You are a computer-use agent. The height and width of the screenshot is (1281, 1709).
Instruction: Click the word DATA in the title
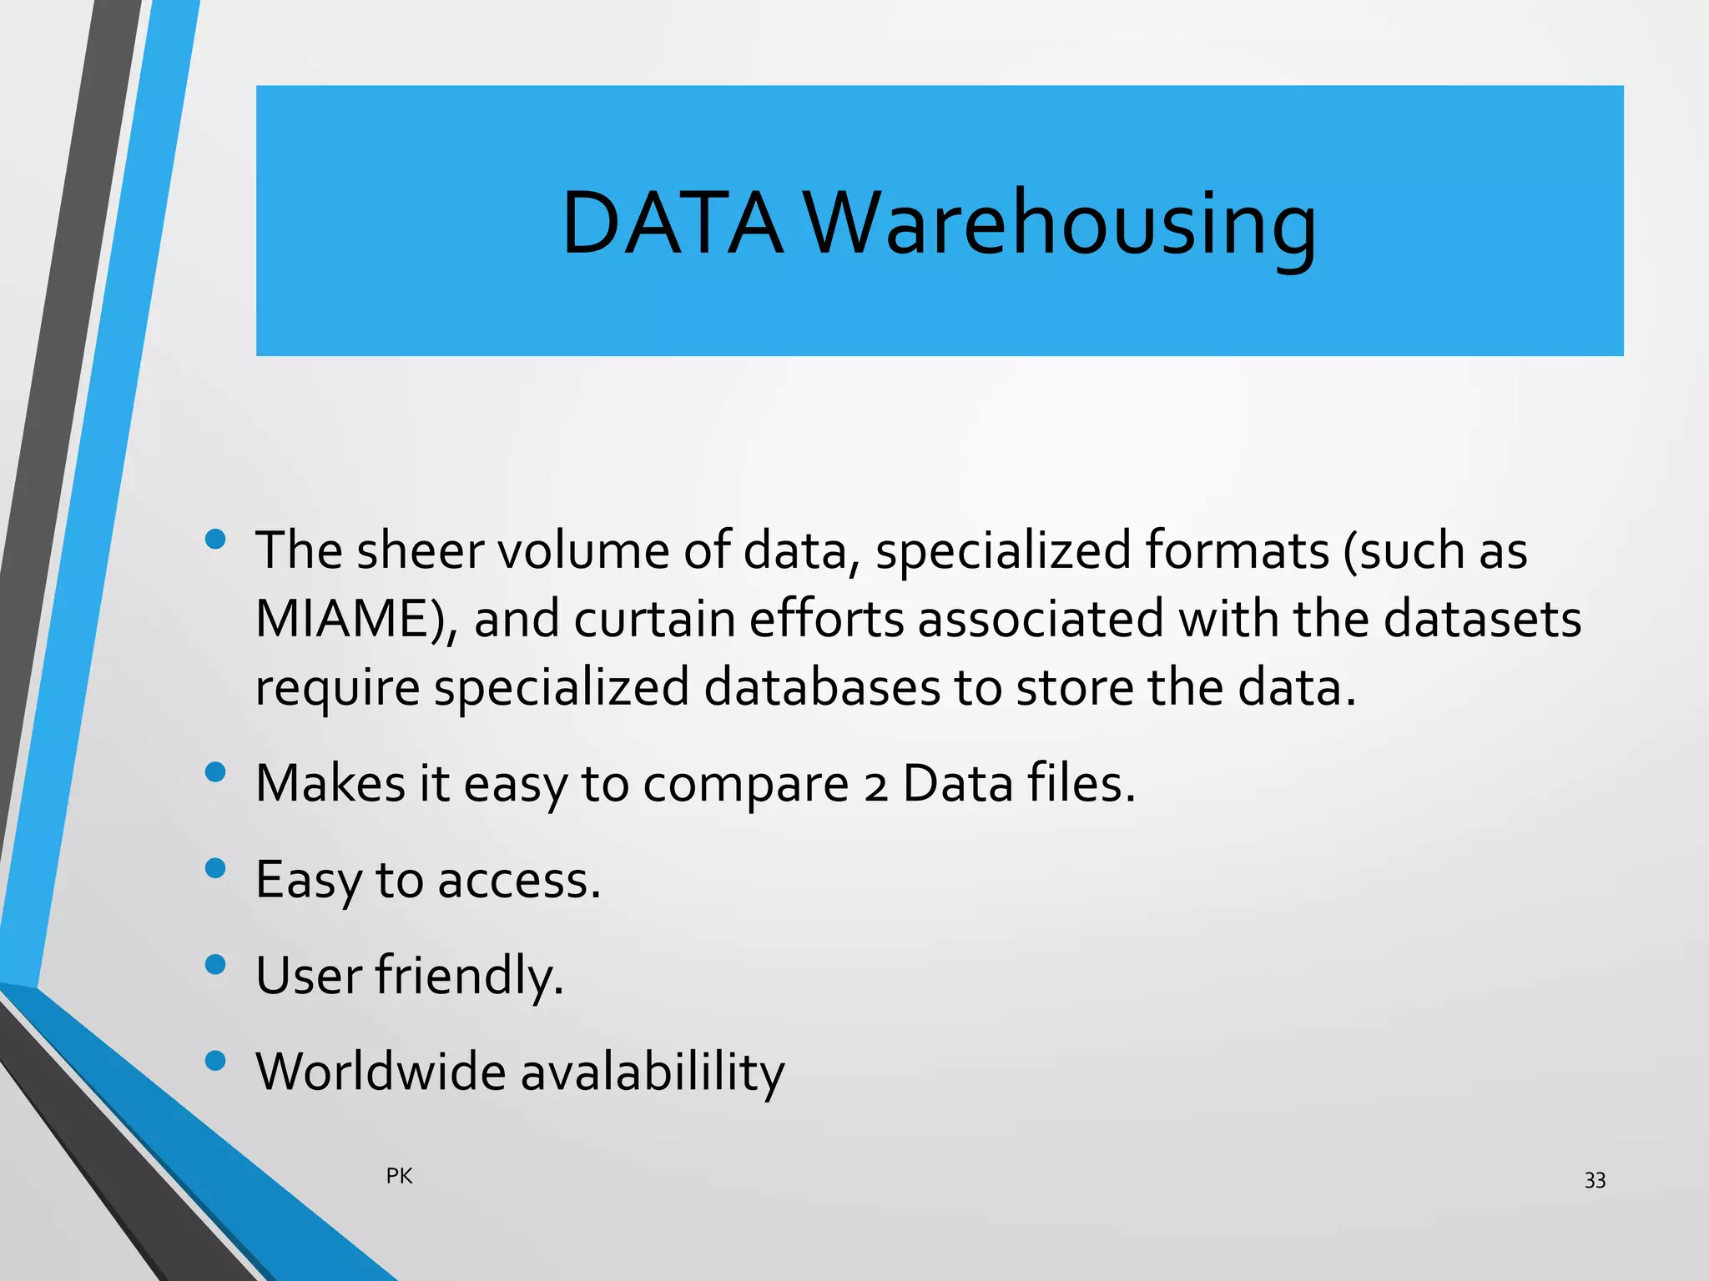[x=672, y=224]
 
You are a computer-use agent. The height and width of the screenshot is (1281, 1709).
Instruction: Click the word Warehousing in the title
[x=1060, y=224]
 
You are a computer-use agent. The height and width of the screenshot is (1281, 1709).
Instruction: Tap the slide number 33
[x=1594, y=1180]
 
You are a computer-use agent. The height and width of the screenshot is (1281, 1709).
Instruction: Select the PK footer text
[x=399, y=1176]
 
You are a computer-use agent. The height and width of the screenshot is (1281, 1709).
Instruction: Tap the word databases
[x=822, y=688]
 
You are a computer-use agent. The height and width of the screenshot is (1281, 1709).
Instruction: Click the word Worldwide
[x=381, y=1072]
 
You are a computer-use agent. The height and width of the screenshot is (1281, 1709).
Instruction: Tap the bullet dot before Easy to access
[x=215, y=868]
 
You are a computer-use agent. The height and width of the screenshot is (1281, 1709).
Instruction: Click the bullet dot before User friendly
[x=215, y=964]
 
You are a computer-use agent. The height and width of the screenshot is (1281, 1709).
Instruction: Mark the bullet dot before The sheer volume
[x=215, y=539]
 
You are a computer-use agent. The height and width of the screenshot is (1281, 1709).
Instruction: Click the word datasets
[x=1481, y=620]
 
